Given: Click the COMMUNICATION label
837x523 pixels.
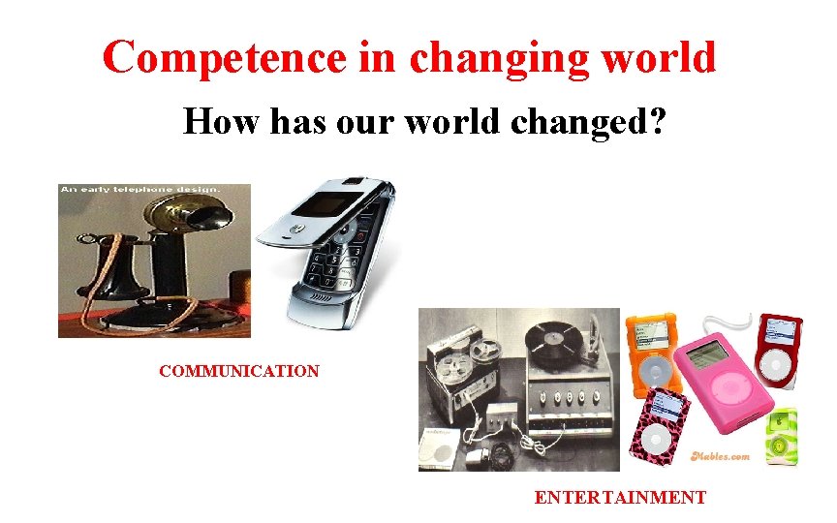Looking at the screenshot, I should [239, 371].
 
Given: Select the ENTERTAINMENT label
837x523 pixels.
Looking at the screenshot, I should [620, 498].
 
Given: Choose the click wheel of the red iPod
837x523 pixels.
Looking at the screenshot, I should [778, 362].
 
